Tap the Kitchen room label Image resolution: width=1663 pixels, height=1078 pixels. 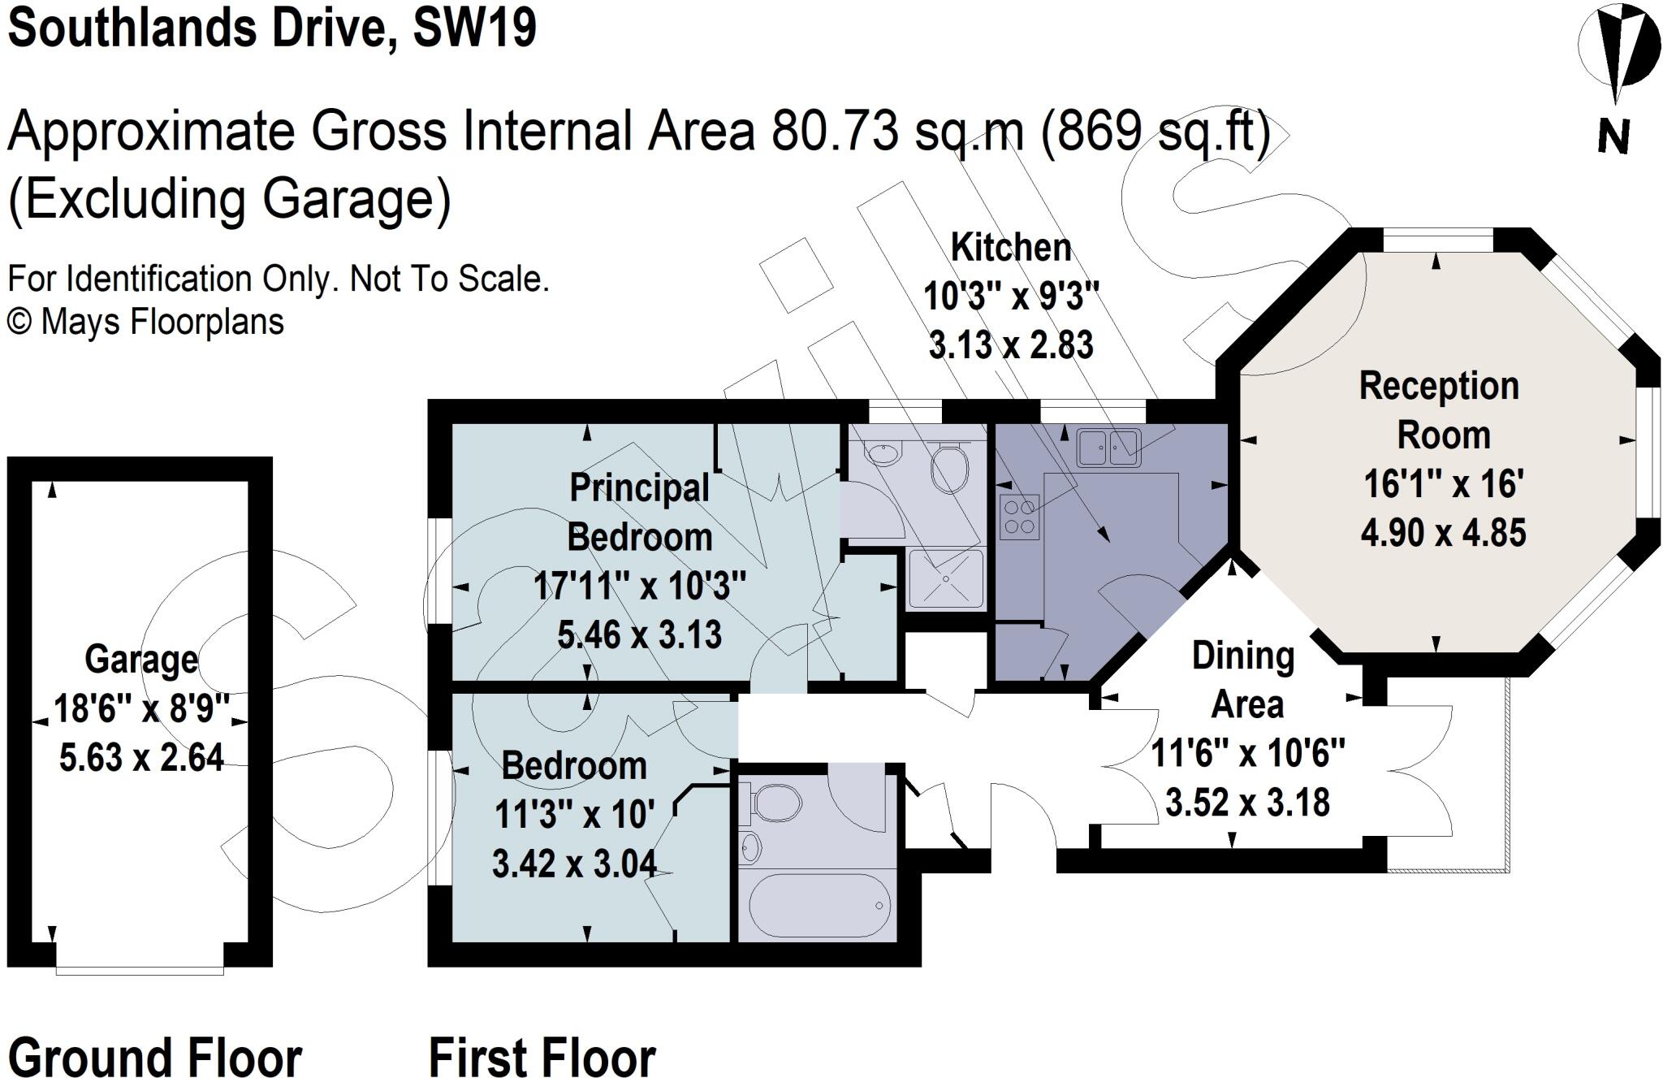click(x=1011, y=248)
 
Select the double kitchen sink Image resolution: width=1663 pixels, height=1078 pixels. click(x=1109, y=447)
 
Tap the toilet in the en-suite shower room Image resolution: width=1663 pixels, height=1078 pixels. click(x=948, y=467)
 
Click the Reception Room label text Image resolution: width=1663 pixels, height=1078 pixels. click(x=1441, y=410)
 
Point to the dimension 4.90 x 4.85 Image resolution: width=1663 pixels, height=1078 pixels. click(x=1443, y=533)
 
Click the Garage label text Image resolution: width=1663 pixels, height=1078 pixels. click(x=141, y=659)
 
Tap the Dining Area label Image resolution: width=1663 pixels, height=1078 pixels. click(x=1244, y=680)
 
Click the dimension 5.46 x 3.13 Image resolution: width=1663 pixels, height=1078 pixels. click(x=639, y=634)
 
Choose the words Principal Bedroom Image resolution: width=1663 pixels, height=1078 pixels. click(x=639, y=512)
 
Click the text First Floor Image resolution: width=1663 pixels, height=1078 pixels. click(x=542, y=1057)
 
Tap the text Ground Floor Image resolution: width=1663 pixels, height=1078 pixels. click(x=154, y=1057)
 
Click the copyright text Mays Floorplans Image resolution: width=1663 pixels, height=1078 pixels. click(x=162, y=323)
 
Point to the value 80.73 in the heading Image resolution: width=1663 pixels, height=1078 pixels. click(x=836, y=132)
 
